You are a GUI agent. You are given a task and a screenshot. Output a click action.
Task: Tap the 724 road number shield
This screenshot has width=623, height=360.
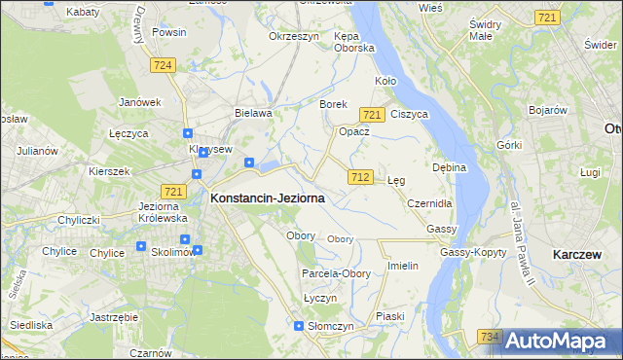(x=164, y=64)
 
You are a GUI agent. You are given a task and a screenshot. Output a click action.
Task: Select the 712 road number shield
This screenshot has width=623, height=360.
(x=359, y=176)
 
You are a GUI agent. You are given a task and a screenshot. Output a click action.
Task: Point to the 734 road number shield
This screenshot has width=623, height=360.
(x=491, y=336)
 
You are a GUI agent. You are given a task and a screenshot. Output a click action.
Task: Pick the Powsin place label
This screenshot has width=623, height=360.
(x=168, y=32)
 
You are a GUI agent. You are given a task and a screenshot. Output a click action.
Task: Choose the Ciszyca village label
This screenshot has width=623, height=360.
(x=409, y=114)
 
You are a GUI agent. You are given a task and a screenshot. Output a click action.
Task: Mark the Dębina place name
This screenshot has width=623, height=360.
(x=450, y=167)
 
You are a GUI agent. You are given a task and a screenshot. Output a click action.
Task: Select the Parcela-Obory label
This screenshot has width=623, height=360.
(x=336, y=274)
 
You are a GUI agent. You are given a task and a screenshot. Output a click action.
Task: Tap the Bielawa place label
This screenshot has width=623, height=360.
(x=252, y=113)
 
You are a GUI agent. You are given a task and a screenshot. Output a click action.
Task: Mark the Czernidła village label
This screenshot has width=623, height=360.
(x=429, y=204)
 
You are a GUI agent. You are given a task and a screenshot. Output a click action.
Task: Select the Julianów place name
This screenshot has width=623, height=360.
(x=38, y=152)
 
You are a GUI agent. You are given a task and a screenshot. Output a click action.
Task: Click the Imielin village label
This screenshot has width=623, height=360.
(x=402, y=266)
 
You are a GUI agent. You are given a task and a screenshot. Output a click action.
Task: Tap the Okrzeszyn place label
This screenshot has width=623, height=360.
(x=294, y=36)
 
